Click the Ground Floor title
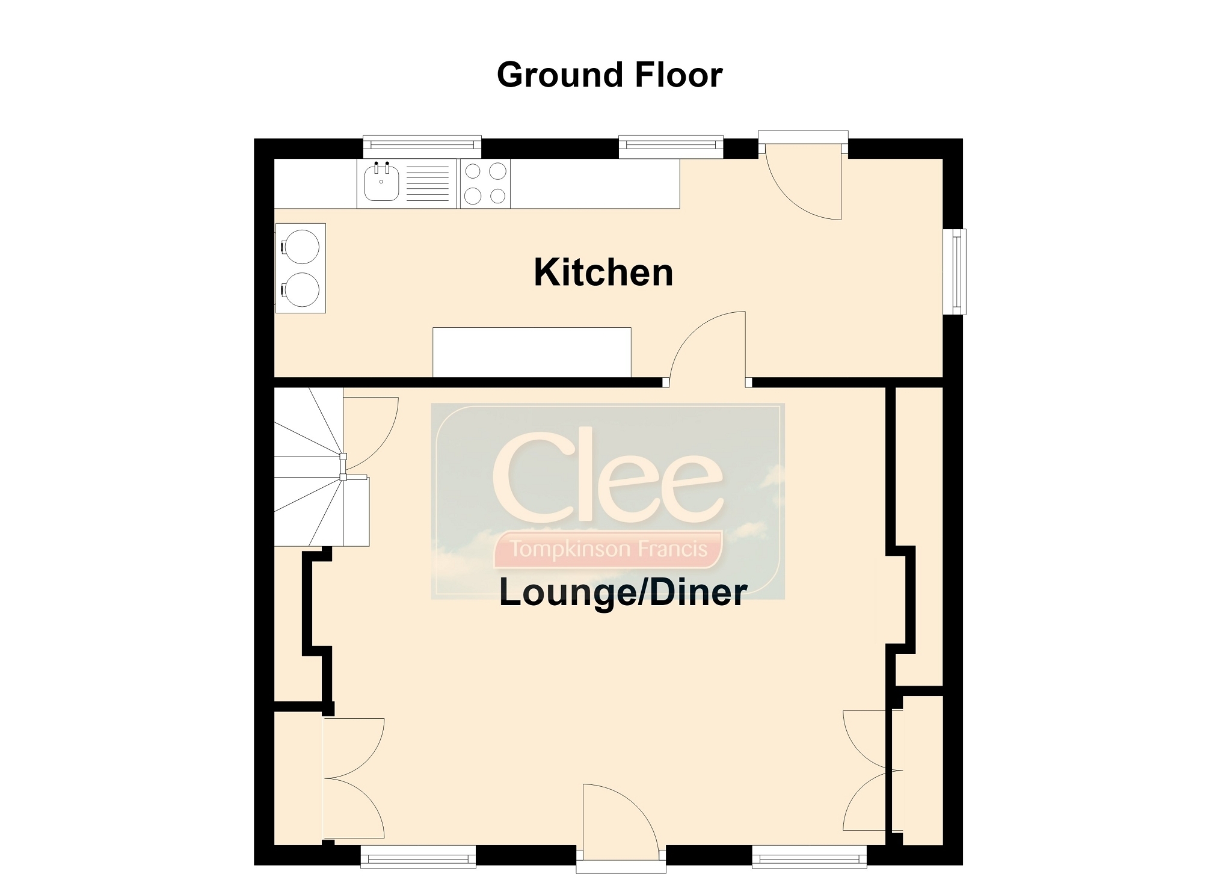(x=609, y=75)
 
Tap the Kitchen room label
(x=603, y=272)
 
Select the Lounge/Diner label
(x=623, y=592)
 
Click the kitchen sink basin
(x=381, y=183)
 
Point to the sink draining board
(x=428, y=183)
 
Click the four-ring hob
(x=485, y=183)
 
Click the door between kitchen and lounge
(x=707, y=349)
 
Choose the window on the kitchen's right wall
(x=954, y=272)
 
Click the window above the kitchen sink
(x=422, y=144)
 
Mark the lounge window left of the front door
(x=418, y=857)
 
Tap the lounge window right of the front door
(x=810, y=857)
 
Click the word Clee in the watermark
(x=607, y=475)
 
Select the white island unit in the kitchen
(x=532, y=352)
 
